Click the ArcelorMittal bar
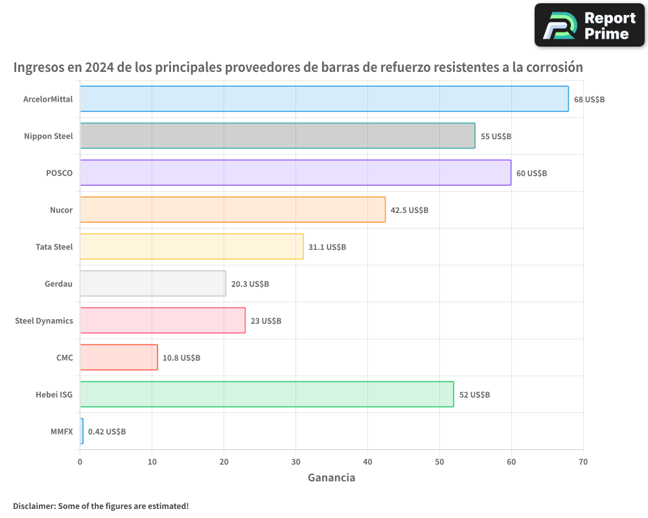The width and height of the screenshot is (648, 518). (324, 99)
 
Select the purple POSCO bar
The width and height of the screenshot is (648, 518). (295, 173)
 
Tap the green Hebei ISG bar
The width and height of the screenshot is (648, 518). (266, 394)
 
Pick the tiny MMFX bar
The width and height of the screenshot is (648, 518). (82, 431)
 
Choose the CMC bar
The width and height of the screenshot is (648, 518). (119, 357)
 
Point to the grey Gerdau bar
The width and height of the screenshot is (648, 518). (153, 284)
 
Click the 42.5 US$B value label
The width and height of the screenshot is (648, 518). (410, 210)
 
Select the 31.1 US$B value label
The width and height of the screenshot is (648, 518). (327, 247)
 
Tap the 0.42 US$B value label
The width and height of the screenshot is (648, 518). (107, 432)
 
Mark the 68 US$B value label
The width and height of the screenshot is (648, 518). (589, 100)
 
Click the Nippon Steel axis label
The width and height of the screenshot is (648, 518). (49, 137)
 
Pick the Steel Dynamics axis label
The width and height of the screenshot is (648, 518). (44, 321)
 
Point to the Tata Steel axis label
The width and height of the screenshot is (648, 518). (54, 247)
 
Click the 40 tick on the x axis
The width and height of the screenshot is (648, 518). (367, 462)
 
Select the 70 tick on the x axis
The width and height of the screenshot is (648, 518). (583, 462)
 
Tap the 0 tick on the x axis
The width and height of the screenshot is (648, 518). (80, 462)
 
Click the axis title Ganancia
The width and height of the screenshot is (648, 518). (331, 478)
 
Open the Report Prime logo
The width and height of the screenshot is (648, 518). (589, 25)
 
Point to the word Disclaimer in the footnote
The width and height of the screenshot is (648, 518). (33, 506)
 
